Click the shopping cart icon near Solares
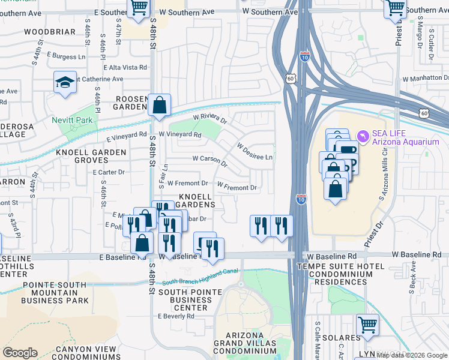pos(367,325)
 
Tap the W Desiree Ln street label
pos(255,151)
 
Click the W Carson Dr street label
pos(209,161)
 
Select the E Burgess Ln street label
pos(65,56)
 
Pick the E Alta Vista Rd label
pos(125,68)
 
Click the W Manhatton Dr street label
pos(426,79)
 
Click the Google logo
pos(20,353)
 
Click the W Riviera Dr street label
pos(209,119)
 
